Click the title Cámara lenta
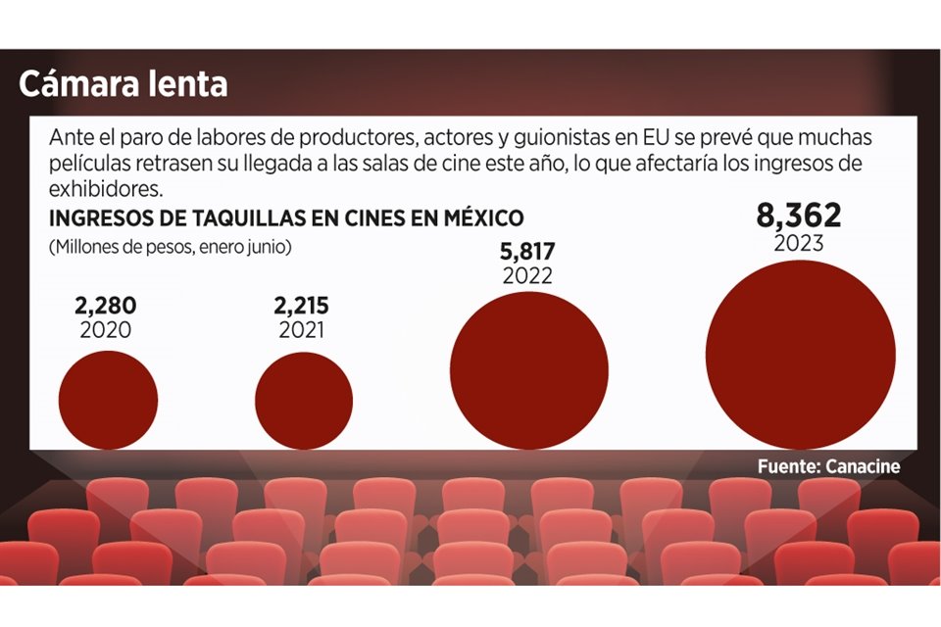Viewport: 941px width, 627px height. (123, 84)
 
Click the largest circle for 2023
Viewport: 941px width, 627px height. (799, 354)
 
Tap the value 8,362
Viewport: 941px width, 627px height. (799, 216)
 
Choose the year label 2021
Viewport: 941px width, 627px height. (304, 331)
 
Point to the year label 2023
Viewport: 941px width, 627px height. (799, 243)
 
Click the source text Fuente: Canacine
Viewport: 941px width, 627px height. (828, 466)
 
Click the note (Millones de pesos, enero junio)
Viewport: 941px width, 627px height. (170, 248)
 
